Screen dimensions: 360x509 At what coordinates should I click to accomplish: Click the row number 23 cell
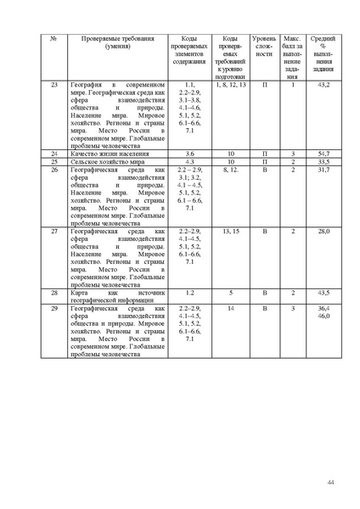pos(55,86)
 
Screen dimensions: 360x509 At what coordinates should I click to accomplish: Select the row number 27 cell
pos(55,231)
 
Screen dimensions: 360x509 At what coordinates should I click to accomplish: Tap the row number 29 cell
pos(55,308)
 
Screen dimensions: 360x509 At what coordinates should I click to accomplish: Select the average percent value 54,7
pos(323,154)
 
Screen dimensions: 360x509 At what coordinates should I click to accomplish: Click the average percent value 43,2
pos(323,86)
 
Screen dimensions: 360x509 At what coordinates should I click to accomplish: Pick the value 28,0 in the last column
pos(323,231)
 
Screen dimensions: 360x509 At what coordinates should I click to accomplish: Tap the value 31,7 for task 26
pos(323,170)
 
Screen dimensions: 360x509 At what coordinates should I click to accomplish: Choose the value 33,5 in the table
pos(323,161)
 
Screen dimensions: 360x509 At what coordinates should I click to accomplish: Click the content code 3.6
pos(189,154)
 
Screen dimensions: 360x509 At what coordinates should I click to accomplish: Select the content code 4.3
pos(189,161)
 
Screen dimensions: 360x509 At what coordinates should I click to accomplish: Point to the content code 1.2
pos(189,293)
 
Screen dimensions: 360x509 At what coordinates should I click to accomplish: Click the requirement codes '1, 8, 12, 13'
pos(230,86)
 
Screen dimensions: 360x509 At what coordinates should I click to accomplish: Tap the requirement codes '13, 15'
pos(230,231)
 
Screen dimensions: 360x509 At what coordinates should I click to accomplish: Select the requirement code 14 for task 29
pos(230,308)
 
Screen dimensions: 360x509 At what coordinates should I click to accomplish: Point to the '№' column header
pos(55,39)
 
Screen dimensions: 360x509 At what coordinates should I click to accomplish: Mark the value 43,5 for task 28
pos(323,293)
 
